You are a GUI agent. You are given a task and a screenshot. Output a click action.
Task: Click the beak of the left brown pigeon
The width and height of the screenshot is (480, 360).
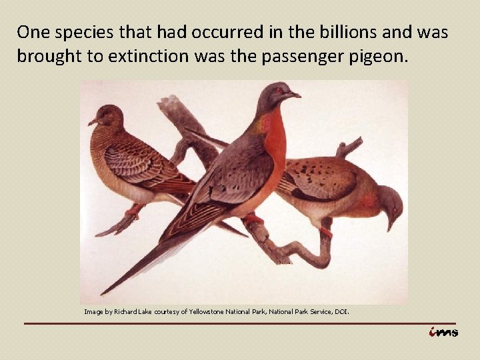(93, 122)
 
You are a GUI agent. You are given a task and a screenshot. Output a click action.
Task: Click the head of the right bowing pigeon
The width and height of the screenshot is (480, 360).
(389, 203)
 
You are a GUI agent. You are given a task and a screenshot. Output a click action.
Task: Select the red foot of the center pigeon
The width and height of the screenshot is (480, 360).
(253, 219)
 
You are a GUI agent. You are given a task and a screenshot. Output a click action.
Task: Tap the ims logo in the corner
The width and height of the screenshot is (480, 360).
(443, 331)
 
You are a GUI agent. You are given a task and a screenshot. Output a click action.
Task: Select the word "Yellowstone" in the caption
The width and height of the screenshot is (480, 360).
(208, 311)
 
